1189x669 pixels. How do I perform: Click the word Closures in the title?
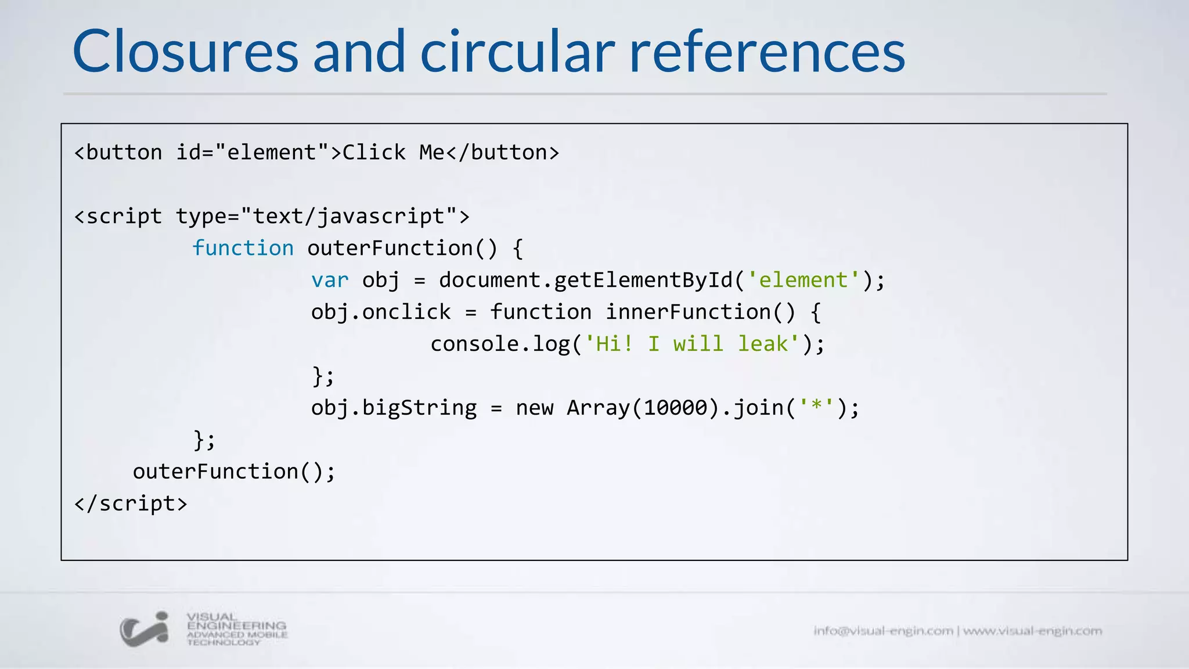click(x=185, y=52)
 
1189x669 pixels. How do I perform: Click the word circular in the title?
click(x=517, y=52)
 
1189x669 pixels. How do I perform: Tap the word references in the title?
click(x=767, y=52)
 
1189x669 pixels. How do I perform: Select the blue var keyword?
click(x=330, y=280)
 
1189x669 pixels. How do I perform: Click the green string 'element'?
click(x=803, y=280)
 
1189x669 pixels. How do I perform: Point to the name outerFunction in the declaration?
click(x=390, y=249)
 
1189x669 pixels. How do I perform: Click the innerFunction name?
click(x=689, y=312)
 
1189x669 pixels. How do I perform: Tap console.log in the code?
click(x=500, y=344)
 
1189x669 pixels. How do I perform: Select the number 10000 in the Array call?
click(x=676, y=408)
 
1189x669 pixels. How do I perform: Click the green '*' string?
click(x=816, y=408)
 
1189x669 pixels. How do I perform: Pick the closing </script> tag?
click(x=131, y=504)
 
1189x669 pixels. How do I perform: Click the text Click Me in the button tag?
click(x=393, y=153)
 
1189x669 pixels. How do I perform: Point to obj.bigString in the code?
click(x=394, y=408)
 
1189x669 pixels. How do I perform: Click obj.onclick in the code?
click(x=381, y=312)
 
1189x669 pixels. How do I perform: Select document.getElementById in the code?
click(x=586, y=280)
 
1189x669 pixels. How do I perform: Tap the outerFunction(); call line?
click(x=234, y=472)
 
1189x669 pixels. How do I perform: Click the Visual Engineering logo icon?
click(x=145, y=629)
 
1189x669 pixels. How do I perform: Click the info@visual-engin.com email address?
click(x=883, y=631)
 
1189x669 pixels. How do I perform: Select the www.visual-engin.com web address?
click(x=1032, y=631)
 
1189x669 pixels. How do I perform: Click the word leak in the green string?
click(x=763, y=344)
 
